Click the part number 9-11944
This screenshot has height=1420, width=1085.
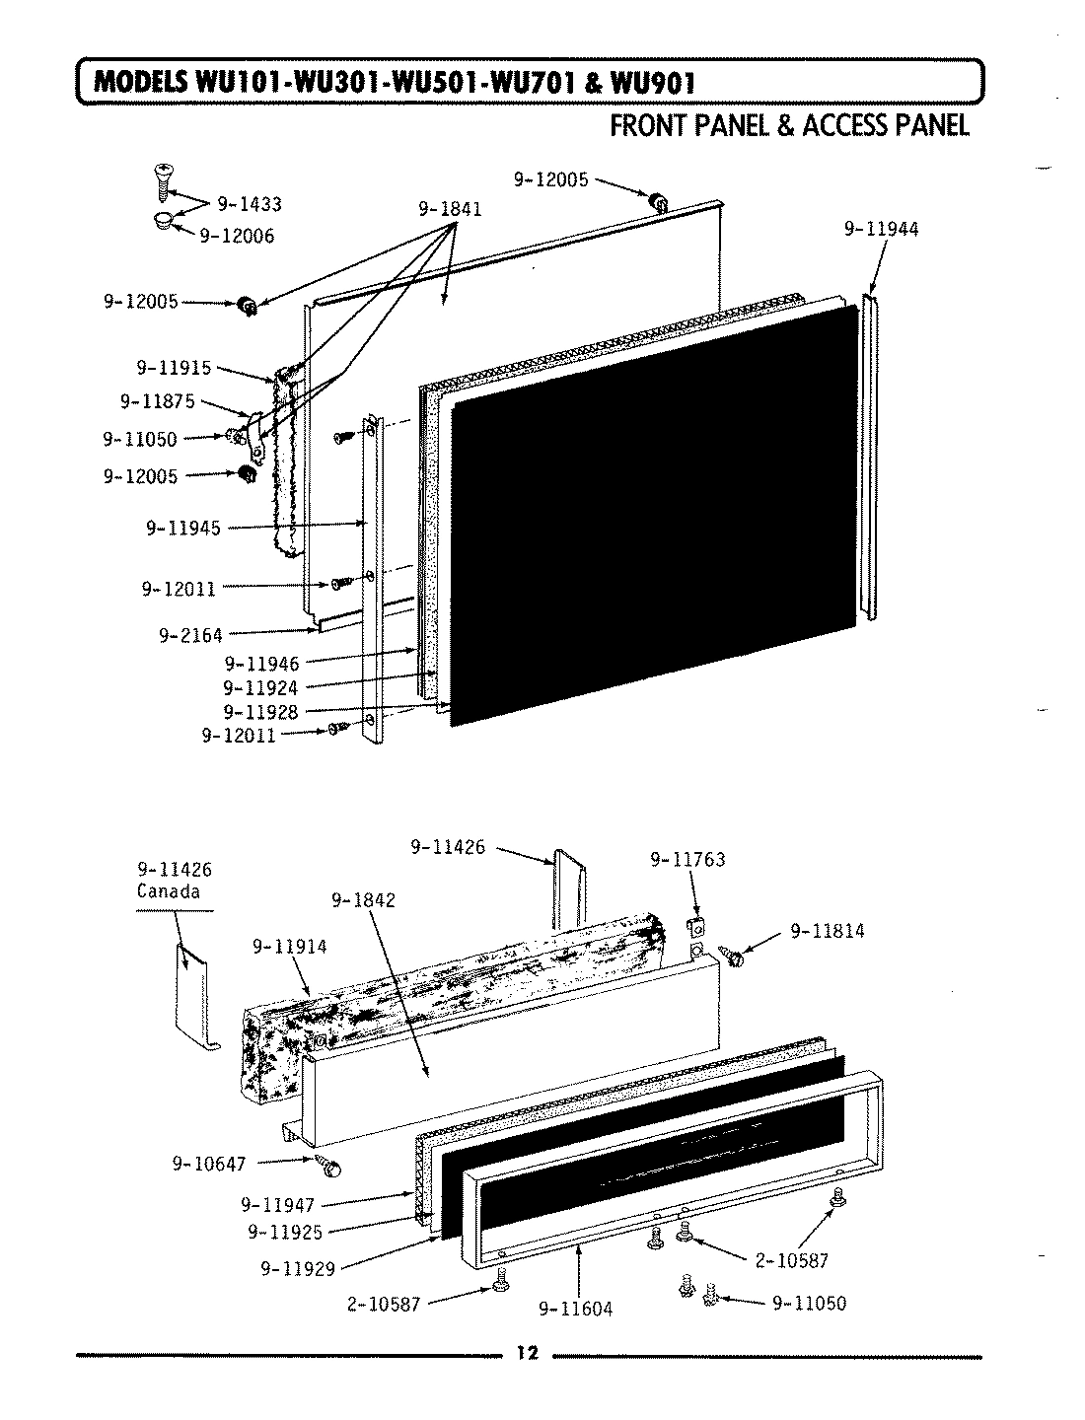881,229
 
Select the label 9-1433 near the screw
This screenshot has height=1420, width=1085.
249,204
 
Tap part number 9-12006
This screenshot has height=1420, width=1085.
237,236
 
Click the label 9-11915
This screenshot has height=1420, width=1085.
174,368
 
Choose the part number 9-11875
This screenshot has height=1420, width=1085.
158,401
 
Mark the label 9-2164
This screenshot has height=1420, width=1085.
190,635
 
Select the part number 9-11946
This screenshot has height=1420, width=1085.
260,664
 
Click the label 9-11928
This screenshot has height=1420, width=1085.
260,711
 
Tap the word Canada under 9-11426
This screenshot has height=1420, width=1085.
168,891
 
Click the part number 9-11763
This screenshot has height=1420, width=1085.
687,860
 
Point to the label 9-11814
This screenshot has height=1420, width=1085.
828,930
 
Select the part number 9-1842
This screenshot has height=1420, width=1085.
363,900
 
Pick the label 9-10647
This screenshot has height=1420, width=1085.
208,1165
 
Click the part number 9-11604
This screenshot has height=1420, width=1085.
575,1309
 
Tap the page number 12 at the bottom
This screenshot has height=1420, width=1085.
527,1352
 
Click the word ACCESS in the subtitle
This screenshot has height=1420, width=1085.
849,125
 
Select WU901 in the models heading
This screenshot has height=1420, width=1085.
653,83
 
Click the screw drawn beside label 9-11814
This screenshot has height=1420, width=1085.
733,953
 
